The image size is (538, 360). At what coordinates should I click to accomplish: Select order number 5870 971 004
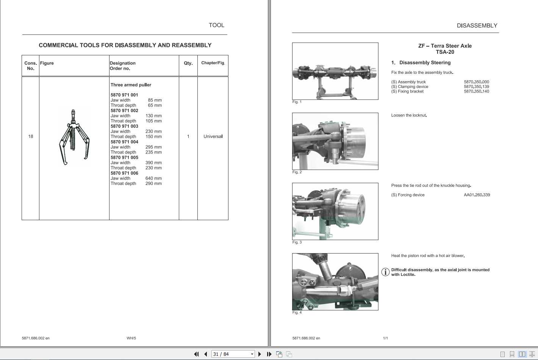point(124,142)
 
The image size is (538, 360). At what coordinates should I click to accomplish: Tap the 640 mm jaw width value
point(153,178)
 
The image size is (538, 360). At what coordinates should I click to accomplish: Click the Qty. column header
point(188,63)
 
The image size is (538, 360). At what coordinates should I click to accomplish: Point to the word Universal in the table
point(213,136)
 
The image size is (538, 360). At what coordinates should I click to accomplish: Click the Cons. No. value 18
point(31,136)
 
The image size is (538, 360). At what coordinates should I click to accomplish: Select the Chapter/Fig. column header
point(213,63)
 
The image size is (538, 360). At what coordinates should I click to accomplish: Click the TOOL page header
point(216,25)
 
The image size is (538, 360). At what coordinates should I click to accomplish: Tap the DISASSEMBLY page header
point(477,26)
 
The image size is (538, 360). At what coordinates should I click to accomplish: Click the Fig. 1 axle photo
point(335,71)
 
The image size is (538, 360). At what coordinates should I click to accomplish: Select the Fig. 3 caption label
point(297,243)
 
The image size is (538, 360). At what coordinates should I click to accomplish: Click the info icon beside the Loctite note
point(385,272)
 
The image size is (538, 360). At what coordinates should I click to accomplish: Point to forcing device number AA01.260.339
point(477,195)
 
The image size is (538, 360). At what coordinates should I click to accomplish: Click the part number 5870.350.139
point(476,87)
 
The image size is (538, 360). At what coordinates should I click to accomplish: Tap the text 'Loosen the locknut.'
point(409,116)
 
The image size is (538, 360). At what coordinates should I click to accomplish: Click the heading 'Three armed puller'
point(131,85)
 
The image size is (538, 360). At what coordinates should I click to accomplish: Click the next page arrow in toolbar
point(260,354)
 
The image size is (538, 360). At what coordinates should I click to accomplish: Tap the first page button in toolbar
point(196,354)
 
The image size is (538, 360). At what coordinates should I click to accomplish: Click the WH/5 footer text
point(131,338)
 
